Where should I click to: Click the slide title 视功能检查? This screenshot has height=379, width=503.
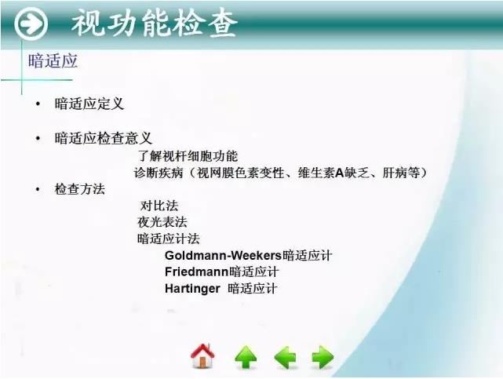[x=155, y=24]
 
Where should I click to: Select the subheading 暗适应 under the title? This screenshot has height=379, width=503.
[x=53, y=61]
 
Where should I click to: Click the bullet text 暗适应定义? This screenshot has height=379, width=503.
[x=89, y=104]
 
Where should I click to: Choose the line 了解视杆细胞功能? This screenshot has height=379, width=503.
[x=188, y=156]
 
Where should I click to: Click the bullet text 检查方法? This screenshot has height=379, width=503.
[x=79, y=190]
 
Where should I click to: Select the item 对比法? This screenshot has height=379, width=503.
[x=159, y=206]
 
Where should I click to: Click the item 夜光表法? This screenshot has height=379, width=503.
[x=162, y=222]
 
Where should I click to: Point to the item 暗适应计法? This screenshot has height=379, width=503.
[x=169, y=239]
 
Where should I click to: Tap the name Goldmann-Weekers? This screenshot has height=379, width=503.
[x=224, y=255]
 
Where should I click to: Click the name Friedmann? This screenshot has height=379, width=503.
[x=196, y=271]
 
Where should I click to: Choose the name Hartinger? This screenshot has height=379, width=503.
[x=194, y=288]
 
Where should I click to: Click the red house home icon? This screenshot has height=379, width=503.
[x=202, y=357]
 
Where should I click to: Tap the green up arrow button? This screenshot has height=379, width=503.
[x=246, y=358]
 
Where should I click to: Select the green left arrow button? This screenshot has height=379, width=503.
[x=285, y=358]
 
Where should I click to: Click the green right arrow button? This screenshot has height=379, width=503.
[x=323, y=358]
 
